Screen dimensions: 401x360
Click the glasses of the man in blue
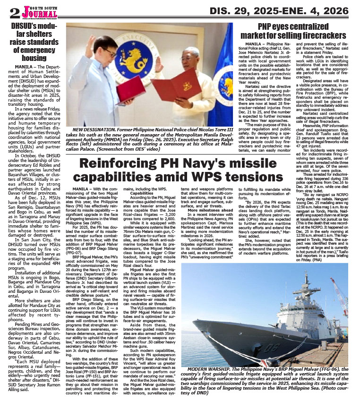click(112, 54)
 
